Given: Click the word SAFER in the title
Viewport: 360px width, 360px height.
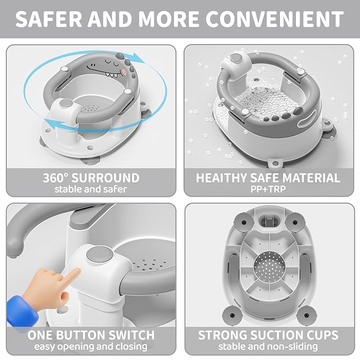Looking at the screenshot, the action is coord(48,19).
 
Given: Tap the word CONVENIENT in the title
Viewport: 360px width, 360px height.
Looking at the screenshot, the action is coord(275,19).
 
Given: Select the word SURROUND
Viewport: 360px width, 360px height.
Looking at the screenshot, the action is coord(106,178).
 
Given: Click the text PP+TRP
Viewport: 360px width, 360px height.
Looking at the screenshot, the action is coord(268,189).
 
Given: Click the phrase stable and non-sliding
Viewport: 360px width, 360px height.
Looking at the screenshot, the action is coord(268,346).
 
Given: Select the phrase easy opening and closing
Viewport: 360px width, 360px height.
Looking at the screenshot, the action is coord(91,346).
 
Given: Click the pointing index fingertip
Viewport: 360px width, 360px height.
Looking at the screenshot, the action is coord(77,270).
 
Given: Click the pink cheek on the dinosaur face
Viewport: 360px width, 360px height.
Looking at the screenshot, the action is coord(125,72).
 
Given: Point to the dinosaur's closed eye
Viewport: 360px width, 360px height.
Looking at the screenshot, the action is coord(109,62).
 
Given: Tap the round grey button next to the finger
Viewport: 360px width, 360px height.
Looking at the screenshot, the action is coord(100,256).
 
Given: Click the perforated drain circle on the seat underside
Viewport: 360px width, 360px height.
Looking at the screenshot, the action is coord(270,266).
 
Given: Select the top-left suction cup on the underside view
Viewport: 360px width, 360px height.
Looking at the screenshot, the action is coord(244,222).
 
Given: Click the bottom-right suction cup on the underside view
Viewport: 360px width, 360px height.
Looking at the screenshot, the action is coord(306,315).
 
